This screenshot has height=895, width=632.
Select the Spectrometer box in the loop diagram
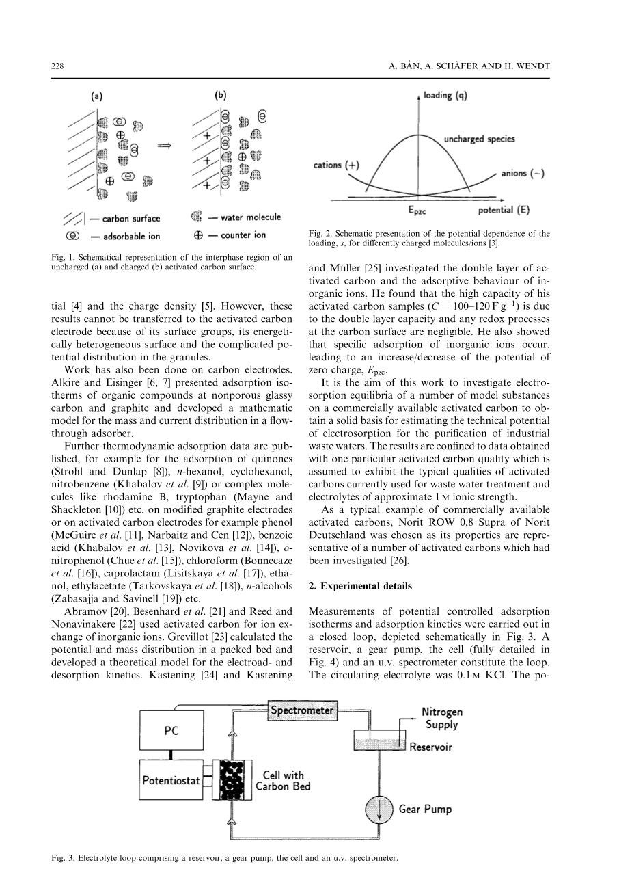(302, 710)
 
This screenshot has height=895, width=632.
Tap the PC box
(171, 730)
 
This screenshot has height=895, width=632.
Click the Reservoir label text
(430, 747)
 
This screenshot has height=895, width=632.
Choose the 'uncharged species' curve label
(479, 139)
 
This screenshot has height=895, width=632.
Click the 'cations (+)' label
(336, 165)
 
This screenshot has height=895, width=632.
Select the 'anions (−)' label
(523, 173)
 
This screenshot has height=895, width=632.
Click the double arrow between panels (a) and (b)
(165, 146)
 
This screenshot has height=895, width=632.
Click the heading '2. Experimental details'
(359, 586)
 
